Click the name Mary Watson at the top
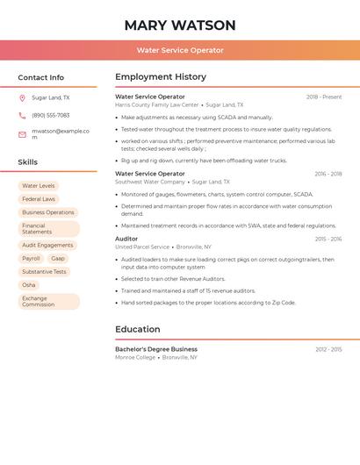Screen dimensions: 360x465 tap(180, 25)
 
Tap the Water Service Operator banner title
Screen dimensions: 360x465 tap(180, 50)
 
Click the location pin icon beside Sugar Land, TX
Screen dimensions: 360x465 tap(22, 98)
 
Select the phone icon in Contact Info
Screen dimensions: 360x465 tap(22, 116)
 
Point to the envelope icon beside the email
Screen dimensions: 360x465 tap(22, 134)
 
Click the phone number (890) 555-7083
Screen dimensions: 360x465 tap(50, 116)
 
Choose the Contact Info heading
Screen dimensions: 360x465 tap(40, 77)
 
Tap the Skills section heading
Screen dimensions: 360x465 tap(28, 162)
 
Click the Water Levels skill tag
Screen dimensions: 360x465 tap(39, 186)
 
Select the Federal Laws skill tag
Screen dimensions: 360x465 tap(39, 199)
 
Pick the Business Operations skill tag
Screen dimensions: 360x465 tap(48, 212)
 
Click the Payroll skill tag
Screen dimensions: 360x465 tap(31, 259)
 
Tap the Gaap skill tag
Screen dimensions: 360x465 tap(58, 259)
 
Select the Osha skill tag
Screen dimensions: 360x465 tap(29, 285)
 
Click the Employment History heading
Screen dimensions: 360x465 tap(161, 77)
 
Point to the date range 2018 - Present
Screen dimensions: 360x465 tap(324, 97)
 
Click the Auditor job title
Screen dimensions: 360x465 tap(126, 239)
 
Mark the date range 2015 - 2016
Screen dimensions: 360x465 tap(328, 240)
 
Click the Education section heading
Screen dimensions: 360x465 tap(137, 329)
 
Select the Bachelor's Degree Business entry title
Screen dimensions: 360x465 tap(156, 349)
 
